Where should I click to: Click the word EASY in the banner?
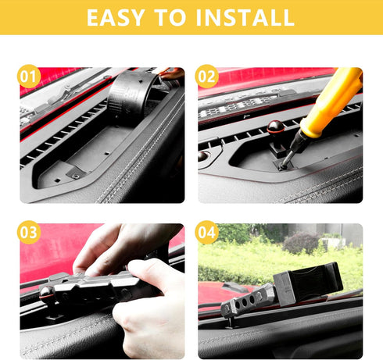coord(116,17)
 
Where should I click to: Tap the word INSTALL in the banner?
coord(245,17)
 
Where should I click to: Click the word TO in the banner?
coord(170,17)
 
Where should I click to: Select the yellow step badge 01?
coord(29,77)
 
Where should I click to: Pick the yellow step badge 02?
coord(206,77)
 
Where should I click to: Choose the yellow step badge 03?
coord(29,232)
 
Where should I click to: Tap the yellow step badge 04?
coord(206,232)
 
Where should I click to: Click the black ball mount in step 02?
coord(275,127)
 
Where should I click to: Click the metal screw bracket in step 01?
coord(75,173)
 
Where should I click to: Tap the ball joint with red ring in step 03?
coord(48,294)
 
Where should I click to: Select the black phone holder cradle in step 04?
coord(309,283)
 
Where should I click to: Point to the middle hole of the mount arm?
coord(245,302)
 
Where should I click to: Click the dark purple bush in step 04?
coord(301,243)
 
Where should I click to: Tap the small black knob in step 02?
coord(203,156)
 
